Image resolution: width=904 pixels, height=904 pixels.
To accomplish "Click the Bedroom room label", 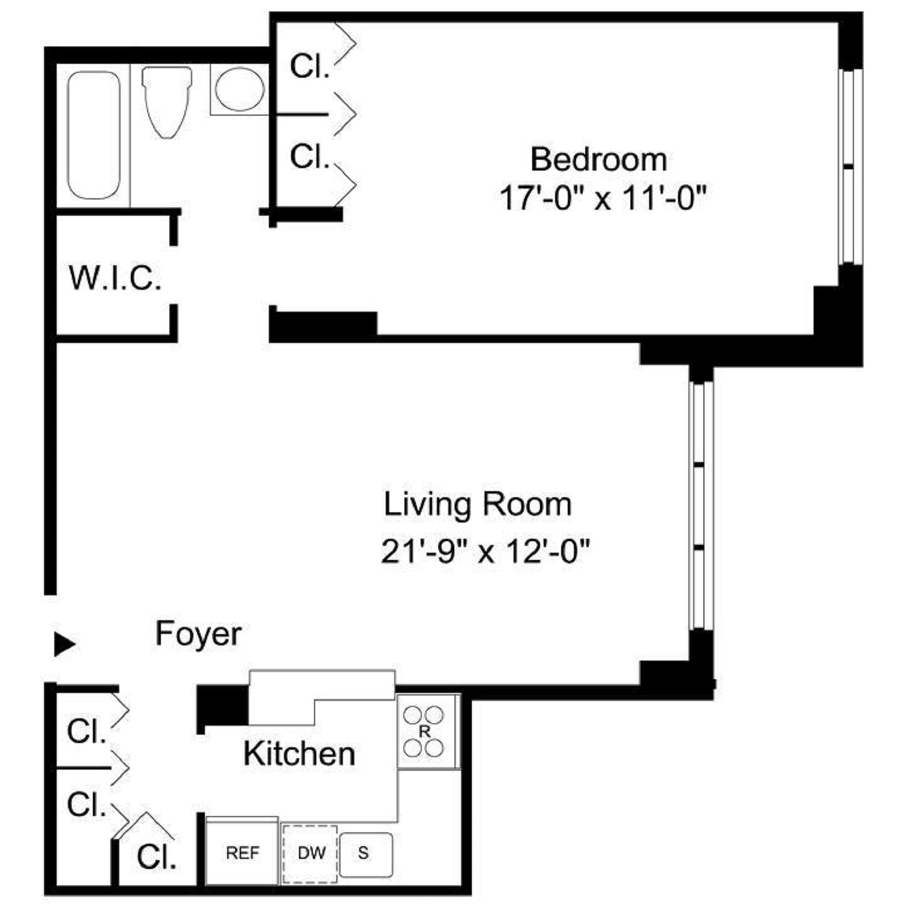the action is pos(598,160).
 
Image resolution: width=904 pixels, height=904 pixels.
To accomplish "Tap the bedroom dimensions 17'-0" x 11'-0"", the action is pos(603,198).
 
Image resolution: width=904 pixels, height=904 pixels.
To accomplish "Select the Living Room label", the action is pos(477,504).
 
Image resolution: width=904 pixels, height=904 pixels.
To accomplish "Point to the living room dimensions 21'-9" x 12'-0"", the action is pos(485,550).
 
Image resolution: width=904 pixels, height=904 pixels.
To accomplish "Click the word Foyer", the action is pos(198,634).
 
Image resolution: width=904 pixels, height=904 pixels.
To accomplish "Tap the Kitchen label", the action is pos(299,754).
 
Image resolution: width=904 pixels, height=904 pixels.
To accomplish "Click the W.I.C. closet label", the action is pos(115,278).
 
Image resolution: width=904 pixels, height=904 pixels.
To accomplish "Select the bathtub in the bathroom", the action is pos(93,135).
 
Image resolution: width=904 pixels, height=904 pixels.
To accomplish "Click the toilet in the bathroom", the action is pos(167,102).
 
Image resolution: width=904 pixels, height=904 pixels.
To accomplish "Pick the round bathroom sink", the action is pos(239,89).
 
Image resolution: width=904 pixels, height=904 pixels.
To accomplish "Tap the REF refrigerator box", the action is pos(242,852).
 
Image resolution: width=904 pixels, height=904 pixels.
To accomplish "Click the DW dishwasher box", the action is pos(310,853).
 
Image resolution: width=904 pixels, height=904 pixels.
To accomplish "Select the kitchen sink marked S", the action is pos(366,854).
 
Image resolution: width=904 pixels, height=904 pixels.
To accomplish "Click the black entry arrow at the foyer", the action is pos(65,644).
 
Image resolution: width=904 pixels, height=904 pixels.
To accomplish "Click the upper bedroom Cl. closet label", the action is pos(310,66).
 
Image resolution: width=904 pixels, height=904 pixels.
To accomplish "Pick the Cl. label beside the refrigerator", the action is pos(157,856).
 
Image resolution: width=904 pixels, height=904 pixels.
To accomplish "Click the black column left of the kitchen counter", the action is pos(223,705).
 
